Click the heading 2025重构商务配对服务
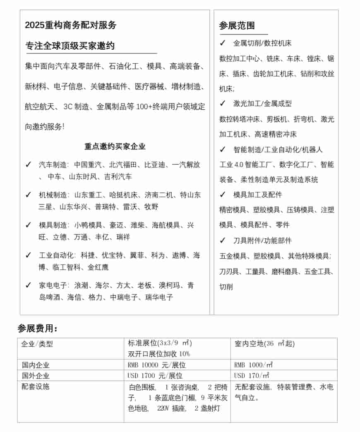pos(71,25)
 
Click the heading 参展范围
pos(237,26)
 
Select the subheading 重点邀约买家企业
pos(115,146)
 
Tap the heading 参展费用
pos(38,329)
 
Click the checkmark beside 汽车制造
pos(28,165)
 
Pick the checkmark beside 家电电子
pos(28,285)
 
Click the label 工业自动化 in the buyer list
pos(56,255)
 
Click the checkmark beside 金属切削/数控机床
pos(223,43)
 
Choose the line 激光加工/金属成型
pos(262,104)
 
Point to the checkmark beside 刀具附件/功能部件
pos(223,240)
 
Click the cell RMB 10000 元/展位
pos(157,365)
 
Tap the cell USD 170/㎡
pos(252,376)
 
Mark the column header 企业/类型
pos(37,344)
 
